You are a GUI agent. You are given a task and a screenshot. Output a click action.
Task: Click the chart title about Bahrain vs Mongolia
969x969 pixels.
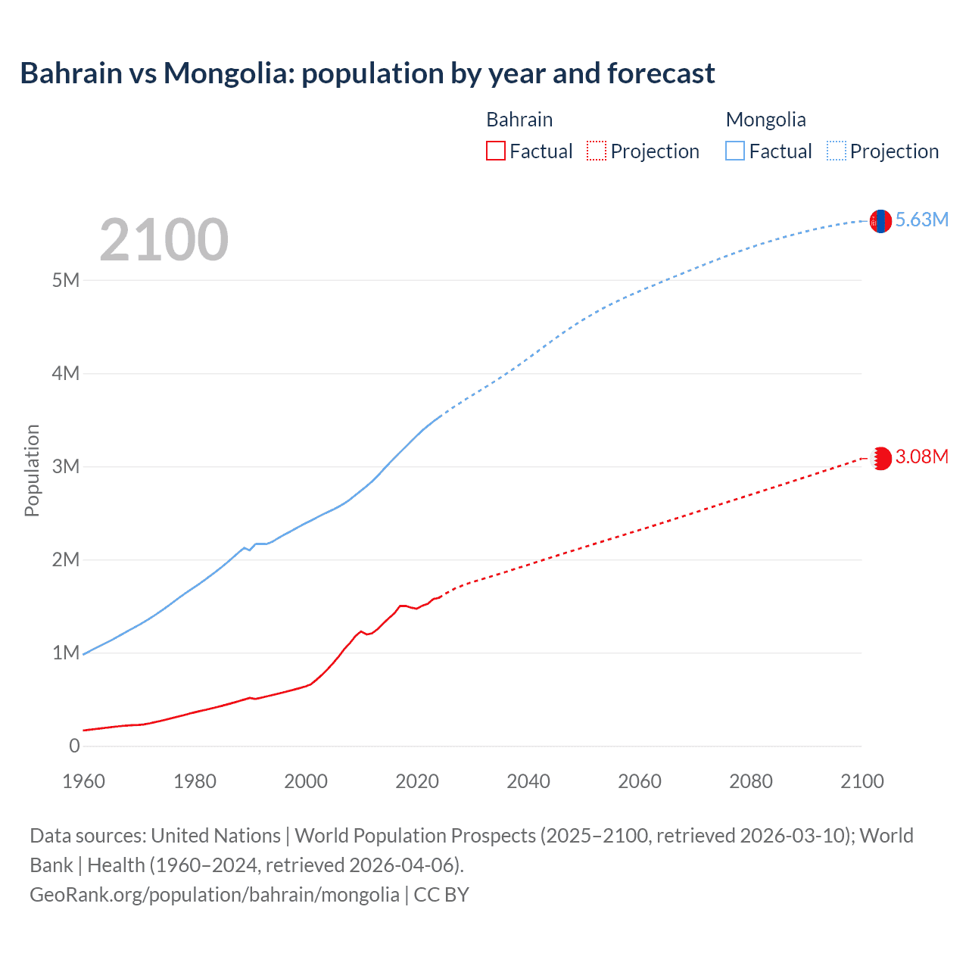[367, 73]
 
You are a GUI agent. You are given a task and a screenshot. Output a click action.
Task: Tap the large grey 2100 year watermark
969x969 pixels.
[164, 240]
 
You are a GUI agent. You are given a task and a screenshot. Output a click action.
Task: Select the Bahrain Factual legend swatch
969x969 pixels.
[495, 151]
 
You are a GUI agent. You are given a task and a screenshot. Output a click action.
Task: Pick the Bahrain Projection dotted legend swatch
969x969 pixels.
[597, 151]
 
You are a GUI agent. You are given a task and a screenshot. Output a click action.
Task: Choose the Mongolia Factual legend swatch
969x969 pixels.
[735, 151]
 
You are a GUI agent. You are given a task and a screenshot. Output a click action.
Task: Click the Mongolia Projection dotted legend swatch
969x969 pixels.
[836, 151]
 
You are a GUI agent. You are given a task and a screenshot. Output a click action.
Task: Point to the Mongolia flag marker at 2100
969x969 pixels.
[880, 221]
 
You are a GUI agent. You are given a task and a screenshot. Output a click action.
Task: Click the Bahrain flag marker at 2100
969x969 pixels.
[880, 459]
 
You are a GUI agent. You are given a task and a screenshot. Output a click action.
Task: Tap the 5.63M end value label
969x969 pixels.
[922, 220]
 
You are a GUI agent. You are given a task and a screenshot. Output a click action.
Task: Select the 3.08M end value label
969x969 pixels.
[922, 456]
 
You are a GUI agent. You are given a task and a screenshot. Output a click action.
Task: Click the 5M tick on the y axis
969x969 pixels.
[66, 280]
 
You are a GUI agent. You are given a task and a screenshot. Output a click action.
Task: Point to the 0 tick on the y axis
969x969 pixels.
[74, 746]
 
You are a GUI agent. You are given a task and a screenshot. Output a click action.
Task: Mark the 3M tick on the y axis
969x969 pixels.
[66, 466]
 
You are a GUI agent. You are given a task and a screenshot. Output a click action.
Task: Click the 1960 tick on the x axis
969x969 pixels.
[83, 781]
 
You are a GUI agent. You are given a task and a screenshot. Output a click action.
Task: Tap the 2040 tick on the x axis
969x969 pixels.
[528, 781]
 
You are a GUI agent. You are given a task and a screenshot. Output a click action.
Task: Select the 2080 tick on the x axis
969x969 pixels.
[751, 781]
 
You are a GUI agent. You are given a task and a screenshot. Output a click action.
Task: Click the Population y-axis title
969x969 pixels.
[32, 470]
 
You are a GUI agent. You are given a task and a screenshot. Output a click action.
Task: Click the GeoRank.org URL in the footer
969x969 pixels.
[214, 895]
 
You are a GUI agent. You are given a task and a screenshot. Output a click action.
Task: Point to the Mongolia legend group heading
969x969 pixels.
[765, 120]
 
